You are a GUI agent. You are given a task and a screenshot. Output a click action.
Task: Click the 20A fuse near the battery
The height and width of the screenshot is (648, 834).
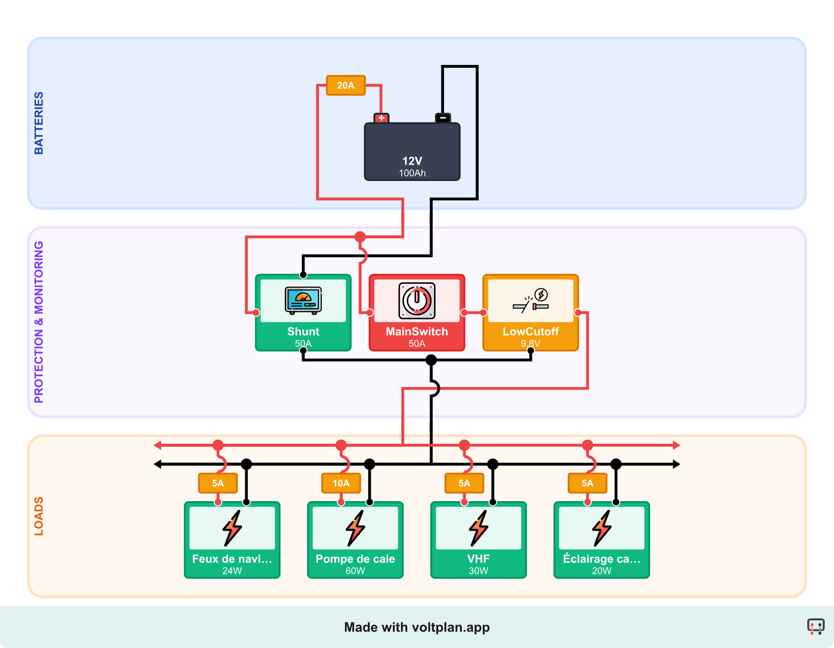point(346,85)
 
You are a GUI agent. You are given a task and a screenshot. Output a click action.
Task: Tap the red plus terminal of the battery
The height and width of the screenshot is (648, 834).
point(381,118)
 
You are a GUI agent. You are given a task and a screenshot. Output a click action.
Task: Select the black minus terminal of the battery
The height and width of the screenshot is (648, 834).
point(443,118)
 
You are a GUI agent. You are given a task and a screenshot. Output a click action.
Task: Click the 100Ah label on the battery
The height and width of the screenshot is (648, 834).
point(412,173)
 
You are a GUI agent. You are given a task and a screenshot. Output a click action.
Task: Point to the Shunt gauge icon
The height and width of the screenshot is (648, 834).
point(303,300)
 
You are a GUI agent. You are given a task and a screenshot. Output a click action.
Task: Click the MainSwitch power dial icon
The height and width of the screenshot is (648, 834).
point(417,301)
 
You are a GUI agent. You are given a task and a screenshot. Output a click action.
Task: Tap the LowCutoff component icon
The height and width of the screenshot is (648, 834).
point(531,301)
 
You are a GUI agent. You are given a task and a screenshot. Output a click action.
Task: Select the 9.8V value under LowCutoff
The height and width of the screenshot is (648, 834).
point(531,343)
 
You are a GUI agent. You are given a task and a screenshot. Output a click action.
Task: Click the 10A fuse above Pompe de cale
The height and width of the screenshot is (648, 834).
point(341,483)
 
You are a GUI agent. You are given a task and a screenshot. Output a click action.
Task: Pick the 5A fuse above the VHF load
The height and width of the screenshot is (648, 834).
point(464,483)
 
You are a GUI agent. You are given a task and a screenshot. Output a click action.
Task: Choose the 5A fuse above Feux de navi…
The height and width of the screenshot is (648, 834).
point(218,483)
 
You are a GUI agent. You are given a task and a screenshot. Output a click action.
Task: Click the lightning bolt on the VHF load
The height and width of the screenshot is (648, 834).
point(479,527)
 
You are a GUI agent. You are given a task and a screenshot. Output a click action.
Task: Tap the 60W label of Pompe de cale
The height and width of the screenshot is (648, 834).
point(355,571)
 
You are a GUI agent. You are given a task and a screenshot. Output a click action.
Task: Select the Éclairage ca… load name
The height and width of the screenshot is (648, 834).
point(601,559)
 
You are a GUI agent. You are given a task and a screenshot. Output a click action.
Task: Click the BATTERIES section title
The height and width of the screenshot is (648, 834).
point(39,123)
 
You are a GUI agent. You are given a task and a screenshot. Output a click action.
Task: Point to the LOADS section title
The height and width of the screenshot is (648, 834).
point(39,516)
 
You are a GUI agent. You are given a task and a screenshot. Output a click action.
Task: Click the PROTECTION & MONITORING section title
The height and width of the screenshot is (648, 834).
point(39,322)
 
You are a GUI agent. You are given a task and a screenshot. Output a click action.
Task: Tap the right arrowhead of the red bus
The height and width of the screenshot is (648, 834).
point(677,445)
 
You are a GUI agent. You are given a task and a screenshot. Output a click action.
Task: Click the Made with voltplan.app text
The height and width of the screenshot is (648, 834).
point(417,628)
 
